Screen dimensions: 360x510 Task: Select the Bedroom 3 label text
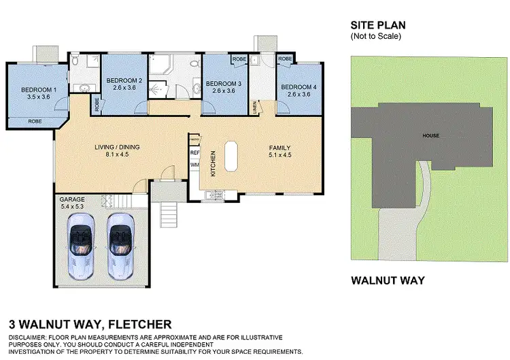224,83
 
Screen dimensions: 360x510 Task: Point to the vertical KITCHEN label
213,164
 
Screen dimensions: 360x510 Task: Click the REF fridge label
194,153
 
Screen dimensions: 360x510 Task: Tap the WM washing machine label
194,165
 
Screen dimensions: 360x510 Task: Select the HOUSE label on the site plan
430,135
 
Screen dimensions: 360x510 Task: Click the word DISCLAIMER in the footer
30,338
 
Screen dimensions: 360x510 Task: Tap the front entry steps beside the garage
167,216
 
